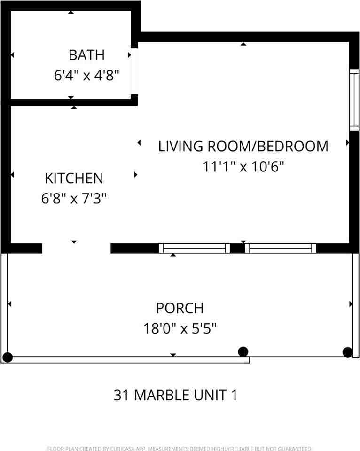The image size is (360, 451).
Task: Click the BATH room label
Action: [x=86, y=55]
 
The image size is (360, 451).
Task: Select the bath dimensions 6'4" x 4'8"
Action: [x=86, y=75]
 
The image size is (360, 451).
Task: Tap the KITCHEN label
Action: [x=74, y=178]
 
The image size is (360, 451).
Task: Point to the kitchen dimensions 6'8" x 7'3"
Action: [x=74, y=199]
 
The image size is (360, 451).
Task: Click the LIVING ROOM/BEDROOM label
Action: [x=243, y=146]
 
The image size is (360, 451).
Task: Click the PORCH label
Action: [x=180, y=308]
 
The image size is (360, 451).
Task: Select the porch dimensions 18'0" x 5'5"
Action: [x=180, y=328]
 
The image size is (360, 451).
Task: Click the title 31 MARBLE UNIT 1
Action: [x=175, y=395]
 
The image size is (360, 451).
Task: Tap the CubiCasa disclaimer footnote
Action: [x=180, y=449]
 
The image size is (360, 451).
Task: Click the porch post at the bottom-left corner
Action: [x=8, y=358]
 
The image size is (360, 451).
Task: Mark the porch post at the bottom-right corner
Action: [x=347, y=352]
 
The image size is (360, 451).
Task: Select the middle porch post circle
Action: [x=243, y=351]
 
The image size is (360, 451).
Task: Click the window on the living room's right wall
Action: [x=354, y=99]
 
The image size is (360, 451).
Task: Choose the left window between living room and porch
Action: [x=194, y=249]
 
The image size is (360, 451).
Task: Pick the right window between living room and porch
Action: [x=281, y=249]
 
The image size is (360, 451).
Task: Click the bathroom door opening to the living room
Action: [x=134, y=71]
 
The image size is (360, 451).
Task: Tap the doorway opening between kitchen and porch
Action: [x=76, y=249]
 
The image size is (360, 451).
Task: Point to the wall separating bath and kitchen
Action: [x=70, y=102]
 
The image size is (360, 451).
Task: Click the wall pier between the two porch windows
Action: [x=237, y=249]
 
